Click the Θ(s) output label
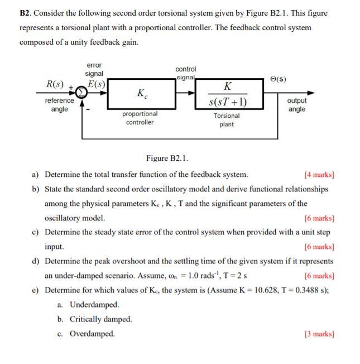278,79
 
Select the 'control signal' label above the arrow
186,73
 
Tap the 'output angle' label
297,105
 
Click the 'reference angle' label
59,105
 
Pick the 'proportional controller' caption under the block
140,118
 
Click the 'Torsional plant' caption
227,119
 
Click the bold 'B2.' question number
27,13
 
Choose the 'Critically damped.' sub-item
101,319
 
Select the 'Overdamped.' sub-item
92,334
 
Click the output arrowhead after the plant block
310,94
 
